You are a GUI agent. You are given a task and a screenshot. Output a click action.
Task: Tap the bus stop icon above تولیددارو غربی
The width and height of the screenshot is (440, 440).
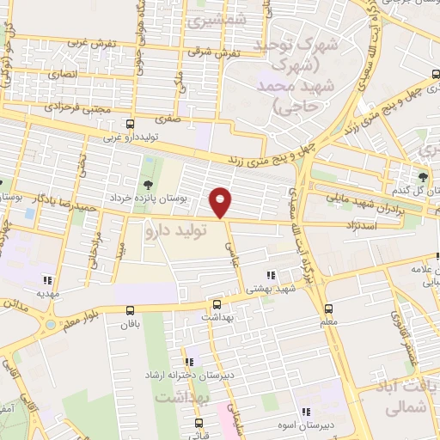[x=129, y=124]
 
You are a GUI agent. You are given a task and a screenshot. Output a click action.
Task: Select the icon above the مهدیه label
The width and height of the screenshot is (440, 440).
[x=45, y=279]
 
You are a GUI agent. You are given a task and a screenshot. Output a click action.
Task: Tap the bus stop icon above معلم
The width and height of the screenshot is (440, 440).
[x=328, y=309]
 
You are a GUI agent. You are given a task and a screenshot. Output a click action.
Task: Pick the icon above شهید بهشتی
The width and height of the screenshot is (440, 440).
[x=271, y=276]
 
